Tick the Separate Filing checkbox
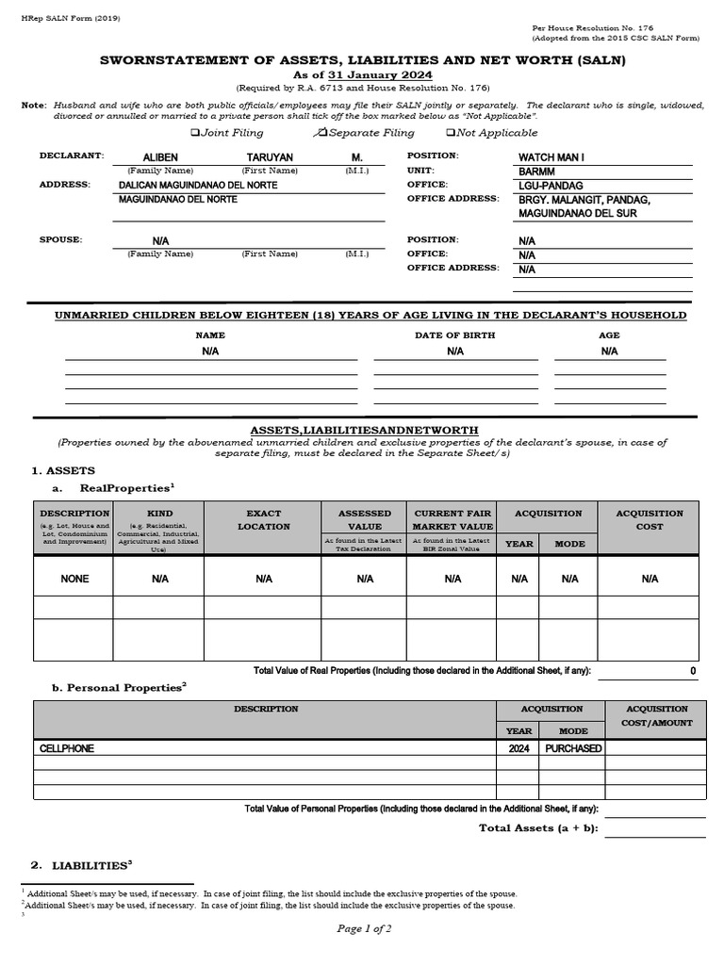tap(321, 133)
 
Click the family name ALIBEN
tap(159, 157)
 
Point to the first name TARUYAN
tap(270, 157)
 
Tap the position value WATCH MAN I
tap(551, 157)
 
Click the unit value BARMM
tap(537, 172)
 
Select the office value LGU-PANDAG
tap(549, 186)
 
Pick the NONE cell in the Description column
tap(74, 579)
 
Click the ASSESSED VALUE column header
tap(365, 520)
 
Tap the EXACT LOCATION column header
tap(264, 520)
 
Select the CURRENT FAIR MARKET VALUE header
tap(453, 520)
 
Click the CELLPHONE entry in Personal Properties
tap(67, 748)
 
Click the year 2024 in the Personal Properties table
tap(518, 748)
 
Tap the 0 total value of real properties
tap(693, 671)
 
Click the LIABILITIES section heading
tap(90, 864)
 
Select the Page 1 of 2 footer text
tap(364, 928)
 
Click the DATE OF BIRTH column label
tap(454, 335)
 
